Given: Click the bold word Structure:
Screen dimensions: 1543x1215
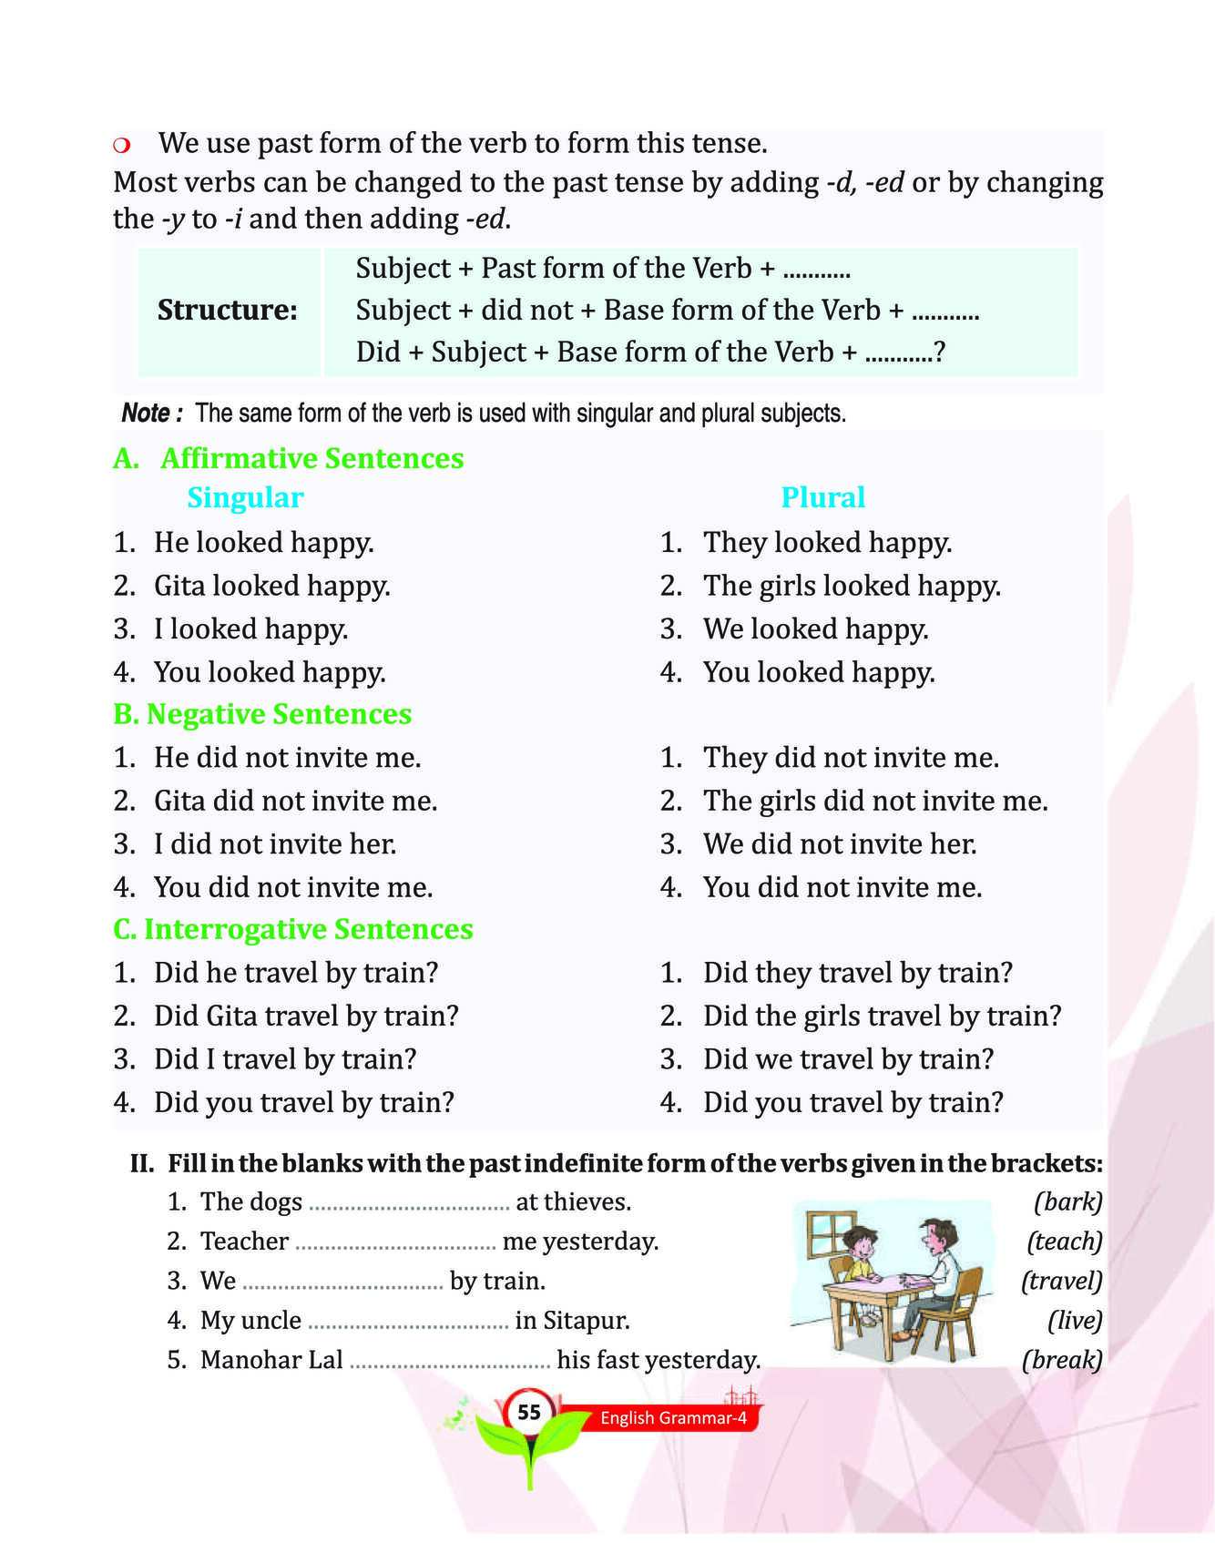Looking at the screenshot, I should click(228, 310).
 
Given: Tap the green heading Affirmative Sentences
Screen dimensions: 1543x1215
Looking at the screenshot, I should click(311, 457).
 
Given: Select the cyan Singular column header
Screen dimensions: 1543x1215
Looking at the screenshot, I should click(245, 497).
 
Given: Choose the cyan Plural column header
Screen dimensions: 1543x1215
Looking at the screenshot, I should click(822, 497).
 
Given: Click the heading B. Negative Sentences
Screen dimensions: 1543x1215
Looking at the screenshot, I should click(262, 714).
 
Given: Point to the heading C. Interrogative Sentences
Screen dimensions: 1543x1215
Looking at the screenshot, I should click(293, 929).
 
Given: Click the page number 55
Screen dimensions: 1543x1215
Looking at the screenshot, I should click(529, 1413).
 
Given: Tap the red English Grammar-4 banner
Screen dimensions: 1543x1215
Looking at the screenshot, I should click(673, 1417).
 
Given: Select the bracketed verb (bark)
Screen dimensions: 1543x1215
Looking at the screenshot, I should click(1067, 1201).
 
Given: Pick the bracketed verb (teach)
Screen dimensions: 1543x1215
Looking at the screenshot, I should click(1064, 1241).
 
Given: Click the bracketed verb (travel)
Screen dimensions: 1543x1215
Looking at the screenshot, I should click(1061, 1281).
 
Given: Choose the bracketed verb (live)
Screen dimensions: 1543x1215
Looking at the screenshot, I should click(1075, 1320).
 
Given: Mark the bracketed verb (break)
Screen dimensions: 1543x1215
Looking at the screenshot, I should click(1062, 1360).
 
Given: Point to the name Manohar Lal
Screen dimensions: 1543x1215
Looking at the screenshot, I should click(271, 1360).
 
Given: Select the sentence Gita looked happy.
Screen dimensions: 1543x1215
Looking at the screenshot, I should click(271, 586).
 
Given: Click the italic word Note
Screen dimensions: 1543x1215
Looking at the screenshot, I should click(146, 414).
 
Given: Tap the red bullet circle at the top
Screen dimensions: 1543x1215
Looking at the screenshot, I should click(122, 146).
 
